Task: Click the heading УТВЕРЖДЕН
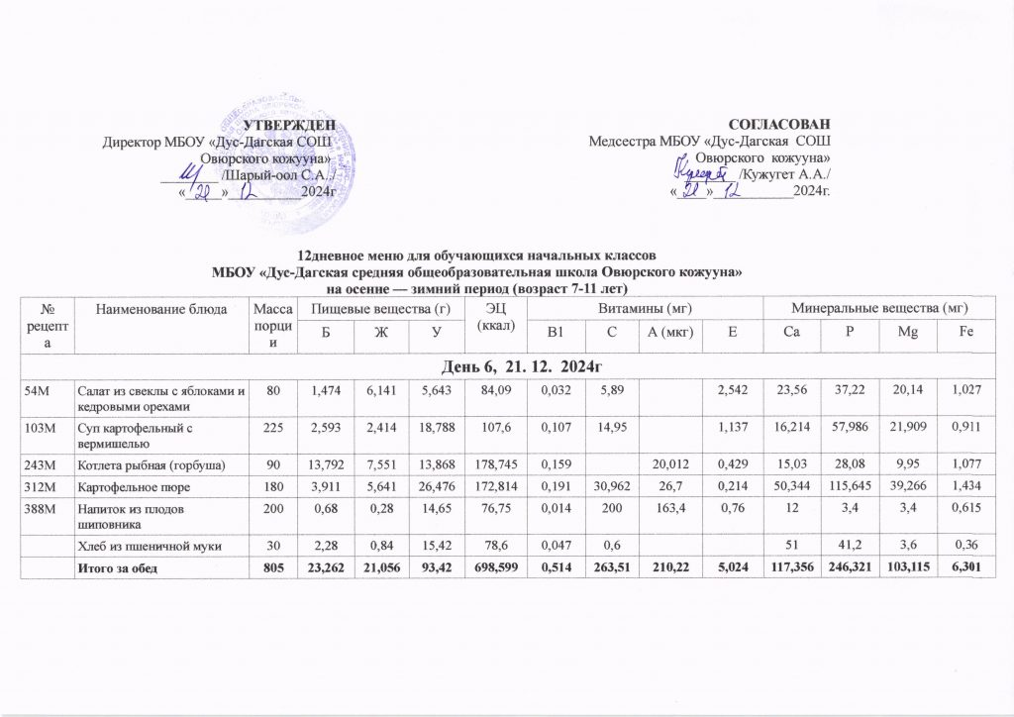(x=288, y=124)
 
